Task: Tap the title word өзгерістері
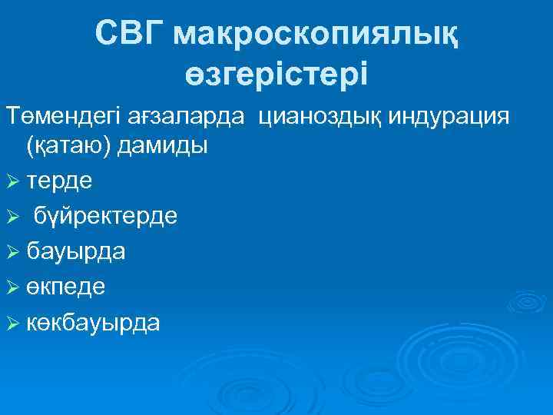276,74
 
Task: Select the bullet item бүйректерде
104,215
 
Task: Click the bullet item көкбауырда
93,323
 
